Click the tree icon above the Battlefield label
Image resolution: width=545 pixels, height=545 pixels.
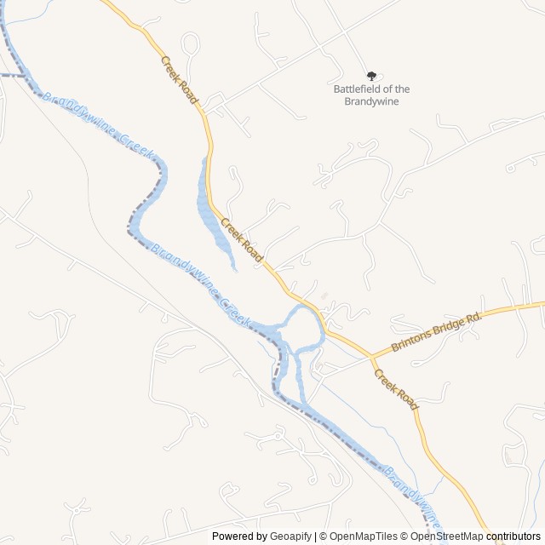[371, 76]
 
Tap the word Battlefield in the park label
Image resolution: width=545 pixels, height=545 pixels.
[359, 89]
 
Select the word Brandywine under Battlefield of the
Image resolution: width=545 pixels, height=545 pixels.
[371, 102]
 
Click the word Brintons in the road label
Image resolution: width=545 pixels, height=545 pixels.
[410, 341]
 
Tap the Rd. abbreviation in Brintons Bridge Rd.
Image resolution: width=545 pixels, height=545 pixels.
[474, 317]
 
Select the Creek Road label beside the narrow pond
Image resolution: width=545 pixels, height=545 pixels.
[242, 239]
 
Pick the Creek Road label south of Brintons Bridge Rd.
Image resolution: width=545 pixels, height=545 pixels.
[397, 389]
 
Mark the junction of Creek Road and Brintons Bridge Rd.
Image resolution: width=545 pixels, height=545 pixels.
[371, 356]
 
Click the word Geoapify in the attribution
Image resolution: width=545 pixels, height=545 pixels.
[290, 536]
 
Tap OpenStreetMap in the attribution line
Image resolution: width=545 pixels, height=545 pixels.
[446, 536]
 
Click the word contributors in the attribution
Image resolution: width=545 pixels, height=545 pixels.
[513, 536]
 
